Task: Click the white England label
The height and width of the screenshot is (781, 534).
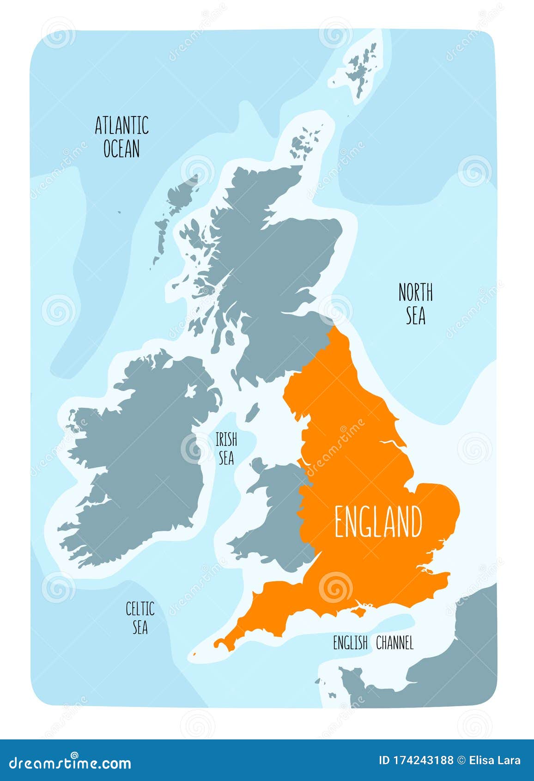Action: (378, 522)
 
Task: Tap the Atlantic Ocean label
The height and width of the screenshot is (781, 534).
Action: (121, 137)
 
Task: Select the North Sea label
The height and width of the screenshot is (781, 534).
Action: (415, 304)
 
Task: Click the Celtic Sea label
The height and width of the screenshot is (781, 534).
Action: (140, 617)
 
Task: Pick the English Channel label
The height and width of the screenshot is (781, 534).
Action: (373, 643)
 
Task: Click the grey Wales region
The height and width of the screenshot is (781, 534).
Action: (277, 518)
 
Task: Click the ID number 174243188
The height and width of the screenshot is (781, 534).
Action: (416, 760)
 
